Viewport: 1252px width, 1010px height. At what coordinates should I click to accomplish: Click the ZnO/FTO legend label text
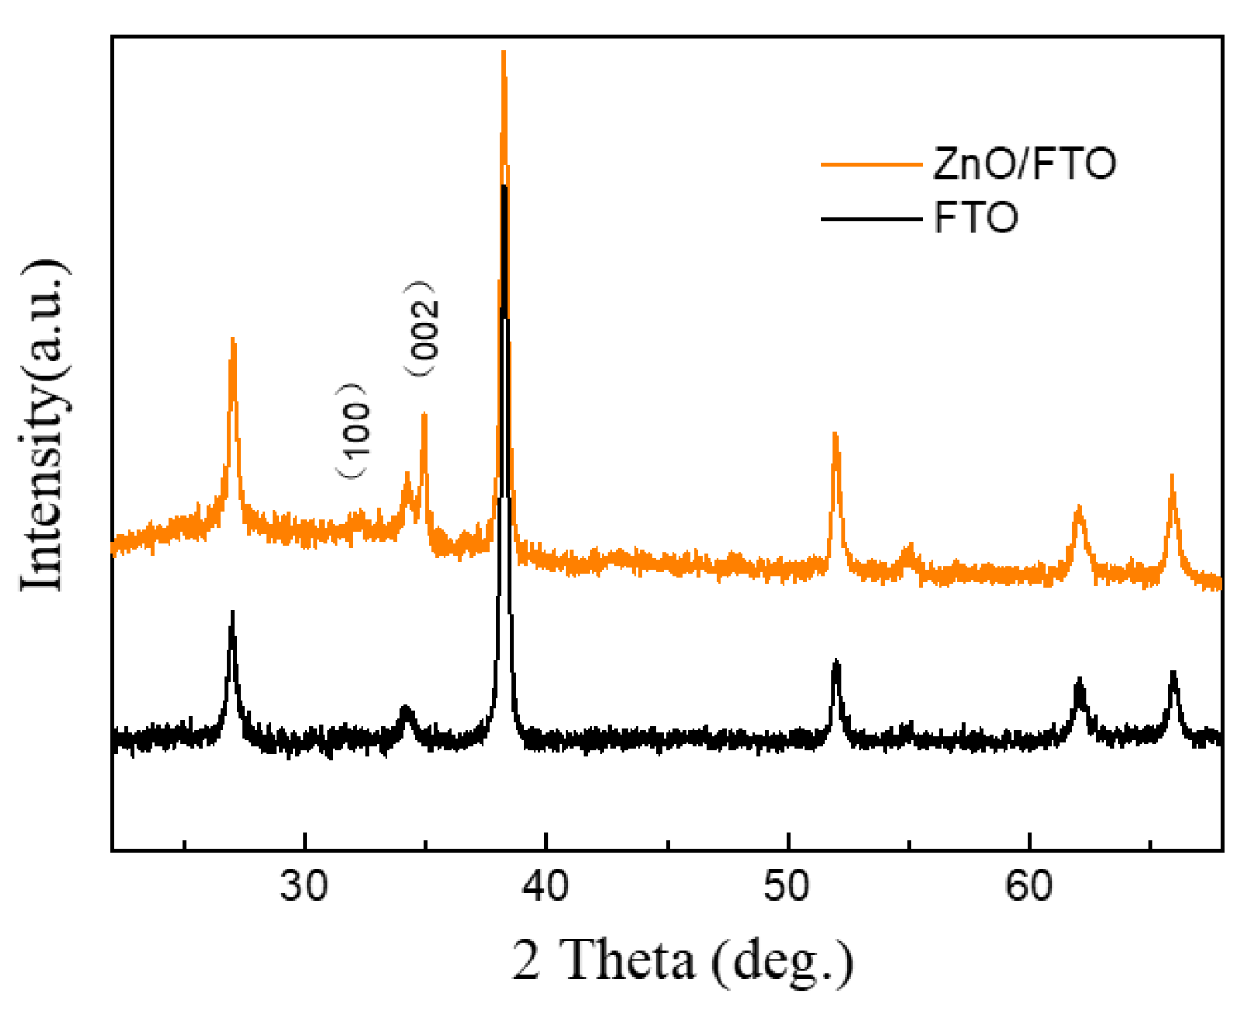pos(1024,163)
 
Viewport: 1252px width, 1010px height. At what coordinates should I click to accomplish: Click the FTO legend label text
pos(976,218)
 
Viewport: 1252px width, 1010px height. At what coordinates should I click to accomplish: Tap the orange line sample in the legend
pos(871,165)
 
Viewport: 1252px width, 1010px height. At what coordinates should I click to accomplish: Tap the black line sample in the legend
pos(871,219)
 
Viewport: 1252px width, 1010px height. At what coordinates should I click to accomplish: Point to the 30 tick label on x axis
pos(305,886)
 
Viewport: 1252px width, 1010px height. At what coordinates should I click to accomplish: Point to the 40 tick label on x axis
pos(545,886)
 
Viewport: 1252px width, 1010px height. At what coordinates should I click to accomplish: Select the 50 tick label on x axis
pos(787,886)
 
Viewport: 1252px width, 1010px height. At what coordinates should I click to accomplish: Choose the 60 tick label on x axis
pos(1029,886)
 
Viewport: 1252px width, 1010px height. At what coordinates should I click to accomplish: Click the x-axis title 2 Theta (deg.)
pos(682,960)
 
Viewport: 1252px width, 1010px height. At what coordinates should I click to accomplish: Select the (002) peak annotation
pos(423,328)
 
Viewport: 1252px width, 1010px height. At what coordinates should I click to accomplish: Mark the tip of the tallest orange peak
pos(503,53)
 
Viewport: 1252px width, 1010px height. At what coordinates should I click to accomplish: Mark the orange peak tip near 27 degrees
pos(233,339)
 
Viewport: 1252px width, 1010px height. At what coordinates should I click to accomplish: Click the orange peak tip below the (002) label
pos(424,413)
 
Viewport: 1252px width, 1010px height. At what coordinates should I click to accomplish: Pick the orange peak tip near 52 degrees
pos(835,433)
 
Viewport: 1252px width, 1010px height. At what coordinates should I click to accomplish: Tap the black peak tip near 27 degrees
pos(233,612)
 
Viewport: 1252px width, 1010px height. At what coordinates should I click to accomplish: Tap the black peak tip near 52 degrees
pos(836,661)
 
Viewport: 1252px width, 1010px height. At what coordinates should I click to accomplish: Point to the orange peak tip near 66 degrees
pos(1172,476)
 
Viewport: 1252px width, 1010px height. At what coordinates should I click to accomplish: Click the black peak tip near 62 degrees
pos(1078,679)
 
